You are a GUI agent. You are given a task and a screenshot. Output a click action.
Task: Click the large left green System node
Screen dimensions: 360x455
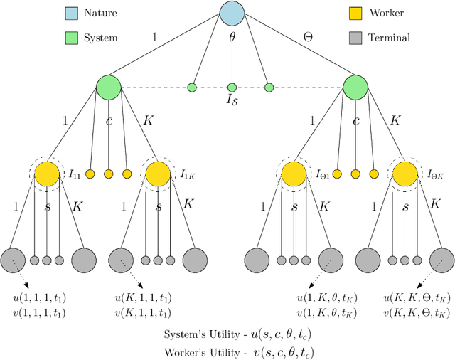click(109, 88)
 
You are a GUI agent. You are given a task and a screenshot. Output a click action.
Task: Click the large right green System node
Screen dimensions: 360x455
click(355, 88)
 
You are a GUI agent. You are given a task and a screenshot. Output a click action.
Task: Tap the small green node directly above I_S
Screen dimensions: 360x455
click(232, 88)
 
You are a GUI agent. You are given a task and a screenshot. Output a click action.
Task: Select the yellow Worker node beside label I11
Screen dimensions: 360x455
click(47, 174)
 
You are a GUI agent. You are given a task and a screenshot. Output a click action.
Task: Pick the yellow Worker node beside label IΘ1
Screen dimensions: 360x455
click(294, 174)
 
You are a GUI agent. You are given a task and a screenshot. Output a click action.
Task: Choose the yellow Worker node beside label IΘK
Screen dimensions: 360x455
click(403, 174)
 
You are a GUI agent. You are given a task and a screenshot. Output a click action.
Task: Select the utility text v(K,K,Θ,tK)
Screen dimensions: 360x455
click(417, 312)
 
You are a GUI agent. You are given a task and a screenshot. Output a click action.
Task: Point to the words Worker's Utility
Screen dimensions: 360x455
click(198, 351)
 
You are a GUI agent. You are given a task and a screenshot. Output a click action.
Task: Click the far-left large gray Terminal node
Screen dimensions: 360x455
click(13, 260)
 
